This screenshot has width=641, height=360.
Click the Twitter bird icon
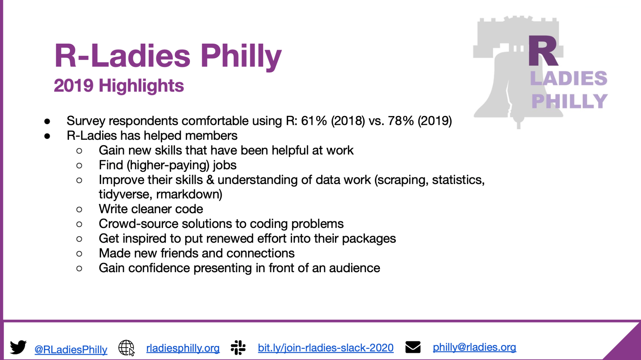[18, 348]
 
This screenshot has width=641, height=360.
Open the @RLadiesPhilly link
[71, 350]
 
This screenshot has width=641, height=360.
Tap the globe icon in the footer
[126, 348]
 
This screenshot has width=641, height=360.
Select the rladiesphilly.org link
[183, 348]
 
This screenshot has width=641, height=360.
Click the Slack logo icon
[238, 348]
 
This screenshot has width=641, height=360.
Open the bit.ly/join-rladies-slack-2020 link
[326, 348]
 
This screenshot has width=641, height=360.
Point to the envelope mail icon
[413, 347]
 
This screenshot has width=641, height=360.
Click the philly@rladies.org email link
[474, 347]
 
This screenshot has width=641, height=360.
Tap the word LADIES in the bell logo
[569, 78]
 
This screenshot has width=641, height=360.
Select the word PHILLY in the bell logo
[569, 101]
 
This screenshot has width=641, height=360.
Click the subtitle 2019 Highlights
[119, 86]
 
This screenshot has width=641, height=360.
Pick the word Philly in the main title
[241, 56]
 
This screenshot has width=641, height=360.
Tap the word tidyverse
[125, 194]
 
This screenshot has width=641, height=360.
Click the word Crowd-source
[138, 224]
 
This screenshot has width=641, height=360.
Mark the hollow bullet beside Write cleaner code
[79, 210]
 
